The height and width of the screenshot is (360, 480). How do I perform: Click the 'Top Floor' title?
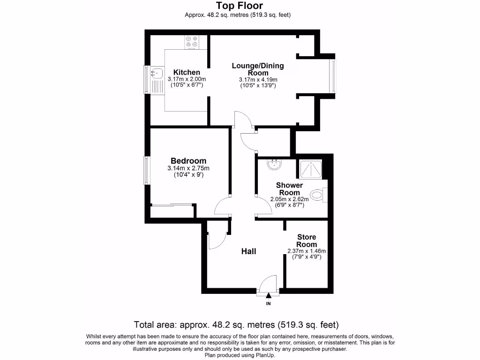pos(239,6)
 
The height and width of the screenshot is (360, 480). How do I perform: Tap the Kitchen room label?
pos(187,72)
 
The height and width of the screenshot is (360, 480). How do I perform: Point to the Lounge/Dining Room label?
pos(258,69)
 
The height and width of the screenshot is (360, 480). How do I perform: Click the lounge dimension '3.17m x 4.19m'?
pos(258,79)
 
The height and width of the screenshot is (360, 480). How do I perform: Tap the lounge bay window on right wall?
pos(333,76)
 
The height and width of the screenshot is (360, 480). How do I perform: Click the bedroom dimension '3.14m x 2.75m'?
pos(188,168)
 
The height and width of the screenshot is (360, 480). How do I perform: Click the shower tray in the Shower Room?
pos(310,169)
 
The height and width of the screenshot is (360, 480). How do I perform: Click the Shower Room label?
pos(289,189)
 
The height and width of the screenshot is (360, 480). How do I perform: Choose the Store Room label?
pos(306,241)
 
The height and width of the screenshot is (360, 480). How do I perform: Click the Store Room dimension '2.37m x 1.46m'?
pos(306,251)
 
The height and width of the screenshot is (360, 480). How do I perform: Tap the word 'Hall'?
pos(248,252)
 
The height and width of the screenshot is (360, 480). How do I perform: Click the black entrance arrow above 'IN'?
pos(269,295)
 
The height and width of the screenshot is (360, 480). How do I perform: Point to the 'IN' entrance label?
pos(269,304)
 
